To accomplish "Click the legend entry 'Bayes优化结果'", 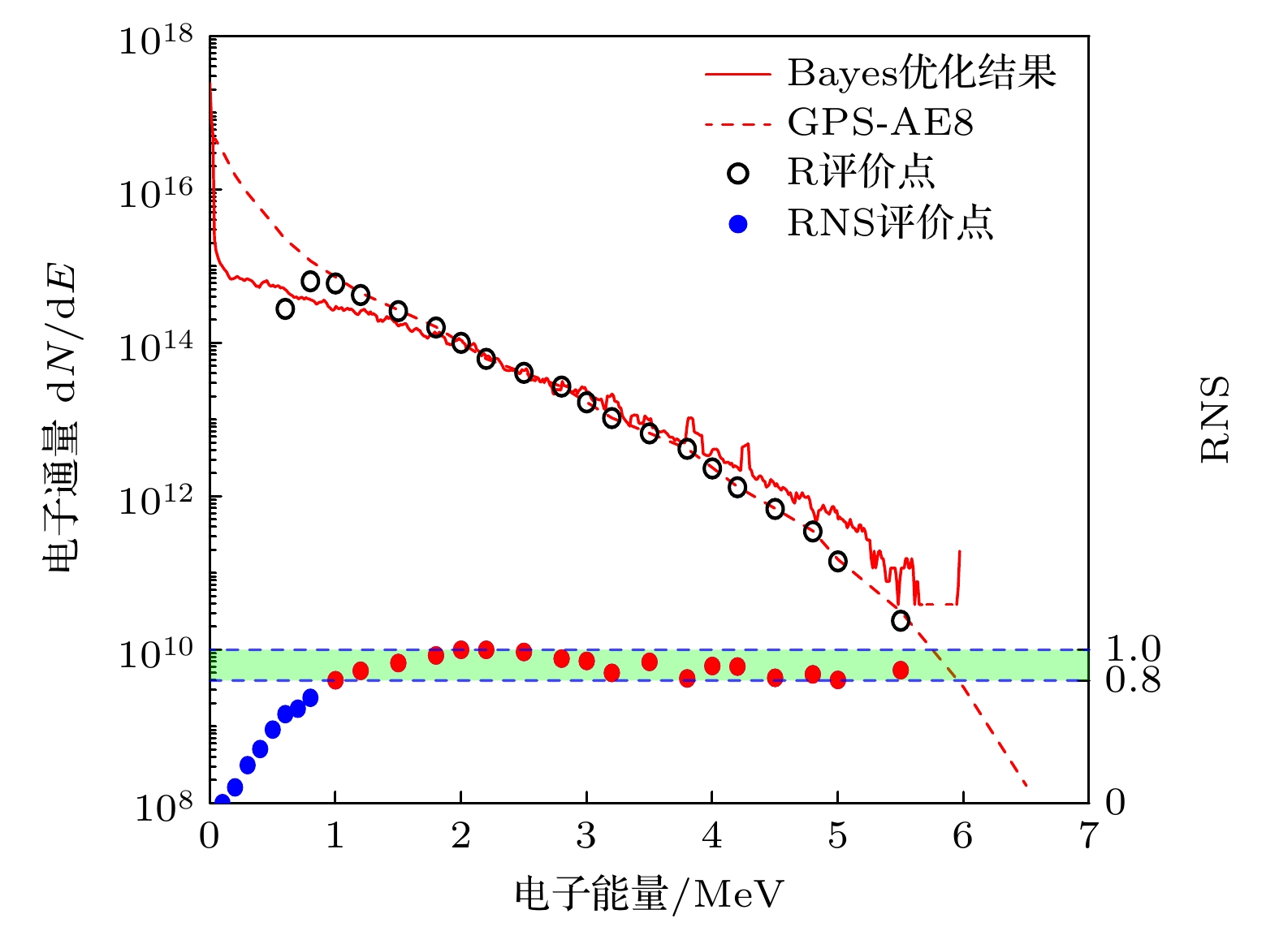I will (x=921, y=73).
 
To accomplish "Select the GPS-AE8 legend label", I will (x=880, y=123).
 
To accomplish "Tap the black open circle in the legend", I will (x=738, y=173).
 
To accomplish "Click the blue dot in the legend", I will (x=738, y=224).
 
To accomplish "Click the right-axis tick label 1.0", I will (x=1134, y=649).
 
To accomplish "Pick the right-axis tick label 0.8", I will (x=1134, y=680).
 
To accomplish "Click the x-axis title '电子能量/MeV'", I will (x=650, y=895).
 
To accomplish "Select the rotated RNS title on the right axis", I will (x=1215, y=420).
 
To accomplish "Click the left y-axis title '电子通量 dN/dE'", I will (x=62, y=418).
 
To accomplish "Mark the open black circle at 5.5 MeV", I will (x=900, y=621).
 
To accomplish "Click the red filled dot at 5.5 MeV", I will (x=900, y=670).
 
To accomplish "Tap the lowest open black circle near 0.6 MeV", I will (x=285, y=308).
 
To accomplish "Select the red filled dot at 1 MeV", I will (x=335, y=680).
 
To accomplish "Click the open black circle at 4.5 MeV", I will (x=775, y=509).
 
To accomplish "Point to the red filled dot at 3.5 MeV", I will (x=649, y=662).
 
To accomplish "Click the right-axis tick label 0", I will (x=1116, y=803).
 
